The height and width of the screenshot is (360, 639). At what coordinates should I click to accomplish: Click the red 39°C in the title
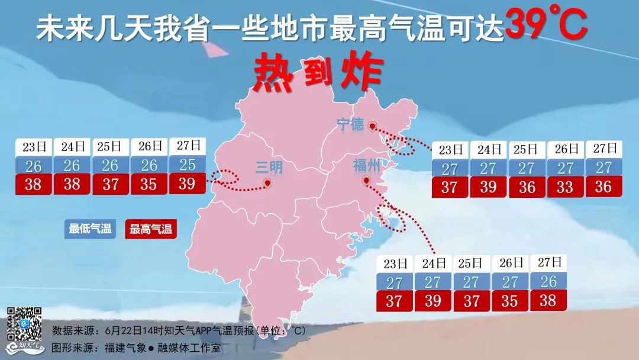547,25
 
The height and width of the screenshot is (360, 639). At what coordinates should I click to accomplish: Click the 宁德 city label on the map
350,124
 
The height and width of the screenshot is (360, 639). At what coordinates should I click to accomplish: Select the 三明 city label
269,168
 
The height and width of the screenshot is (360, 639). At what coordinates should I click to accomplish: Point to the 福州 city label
366,164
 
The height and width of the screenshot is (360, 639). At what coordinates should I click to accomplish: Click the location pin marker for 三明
267,184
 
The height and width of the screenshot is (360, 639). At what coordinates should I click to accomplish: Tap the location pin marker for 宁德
372,126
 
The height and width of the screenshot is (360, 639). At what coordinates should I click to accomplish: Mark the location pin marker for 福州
366,181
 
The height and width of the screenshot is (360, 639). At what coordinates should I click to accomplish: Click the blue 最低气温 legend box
90,229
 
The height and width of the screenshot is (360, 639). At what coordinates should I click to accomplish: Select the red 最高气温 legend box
151,229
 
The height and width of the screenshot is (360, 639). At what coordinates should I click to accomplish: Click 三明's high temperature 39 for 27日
187,184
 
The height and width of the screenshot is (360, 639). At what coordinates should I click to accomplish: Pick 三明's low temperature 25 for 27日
187,164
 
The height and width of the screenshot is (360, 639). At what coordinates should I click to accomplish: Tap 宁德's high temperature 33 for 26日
565,187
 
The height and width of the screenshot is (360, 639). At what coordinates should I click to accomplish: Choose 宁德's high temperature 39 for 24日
488,187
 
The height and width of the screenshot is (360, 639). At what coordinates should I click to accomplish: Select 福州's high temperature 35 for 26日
509,301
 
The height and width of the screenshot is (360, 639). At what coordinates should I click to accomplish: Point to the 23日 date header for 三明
34,146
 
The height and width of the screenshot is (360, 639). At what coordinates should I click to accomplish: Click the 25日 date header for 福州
472,263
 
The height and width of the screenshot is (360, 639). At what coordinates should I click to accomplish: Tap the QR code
24,324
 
